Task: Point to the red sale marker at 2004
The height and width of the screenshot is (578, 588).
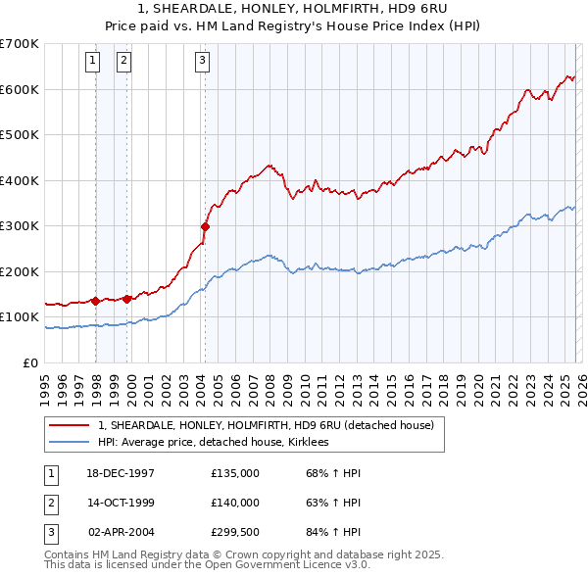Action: pyautogui.click(x=205, y=226)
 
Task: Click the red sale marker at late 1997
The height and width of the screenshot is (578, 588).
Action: pyautogui.click(x=95, y=301)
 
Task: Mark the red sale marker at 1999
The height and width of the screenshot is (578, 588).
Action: pyautogui.click(x=126, y=299)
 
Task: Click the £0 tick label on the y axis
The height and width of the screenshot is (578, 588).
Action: pyautogui.click(x=29, y=362)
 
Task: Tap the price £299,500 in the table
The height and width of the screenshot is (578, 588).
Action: pyautogui.click(x=235, y=532)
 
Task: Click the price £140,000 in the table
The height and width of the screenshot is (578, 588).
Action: pyautogui.click(x=235, y=503)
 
